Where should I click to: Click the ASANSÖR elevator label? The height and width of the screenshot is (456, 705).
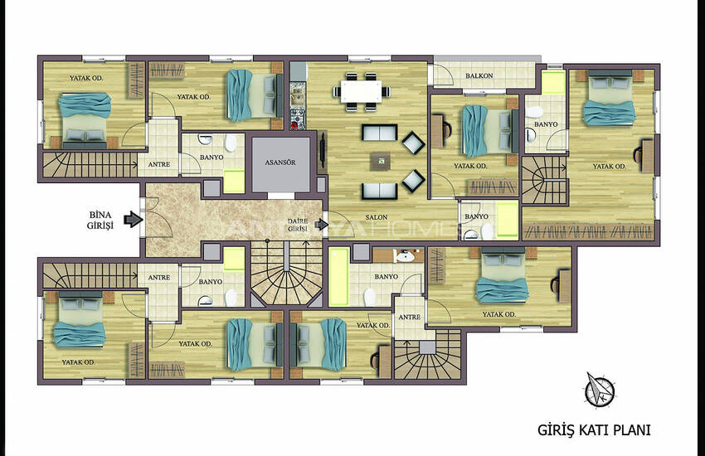coord(280,163)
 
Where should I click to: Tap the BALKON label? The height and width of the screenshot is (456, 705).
coord(479,76)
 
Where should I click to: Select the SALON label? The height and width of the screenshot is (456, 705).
coord(377,217)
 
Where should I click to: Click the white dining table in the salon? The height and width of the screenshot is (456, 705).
coord(361,91)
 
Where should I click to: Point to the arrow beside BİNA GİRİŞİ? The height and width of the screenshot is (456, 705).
coord(134,219)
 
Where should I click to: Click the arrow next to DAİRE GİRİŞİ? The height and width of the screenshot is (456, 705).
coord(322,224)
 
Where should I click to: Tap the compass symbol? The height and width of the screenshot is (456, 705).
coord(600,390)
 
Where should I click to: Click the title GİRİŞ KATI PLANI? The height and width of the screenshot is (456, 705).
coord(594,430)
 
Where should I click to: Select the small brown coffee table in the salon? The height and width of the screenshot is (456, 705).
coord(381,162)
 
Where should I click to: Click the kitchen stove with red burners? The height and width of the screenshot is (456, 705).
coord(298,119)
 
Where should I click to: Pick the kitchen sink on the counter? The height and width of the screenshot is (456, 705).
coord(297,95)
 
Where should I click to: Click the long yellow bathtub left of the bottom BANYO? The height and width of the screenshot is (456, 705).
coord(339,277)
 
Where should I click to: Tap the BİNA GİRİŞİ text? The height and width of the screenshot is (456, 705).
coord(100,221)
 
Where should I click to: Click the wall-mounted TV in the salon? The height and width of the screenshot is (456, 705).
coord(323,153)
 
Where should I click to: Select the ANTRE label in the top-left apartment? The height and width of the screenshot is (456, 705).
coord(159,165)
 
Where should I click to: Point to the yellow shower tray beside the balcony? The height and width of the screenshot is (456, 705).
coord(553,82)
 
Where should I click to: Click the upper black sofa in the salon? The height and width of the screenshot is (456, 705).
coord(380,133)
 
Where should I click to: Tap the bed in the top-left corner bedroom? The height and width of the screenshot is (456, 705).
coord(85,120)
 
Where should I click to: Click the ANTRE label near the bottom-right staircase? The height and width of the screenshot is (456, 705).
coord(409,318)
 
